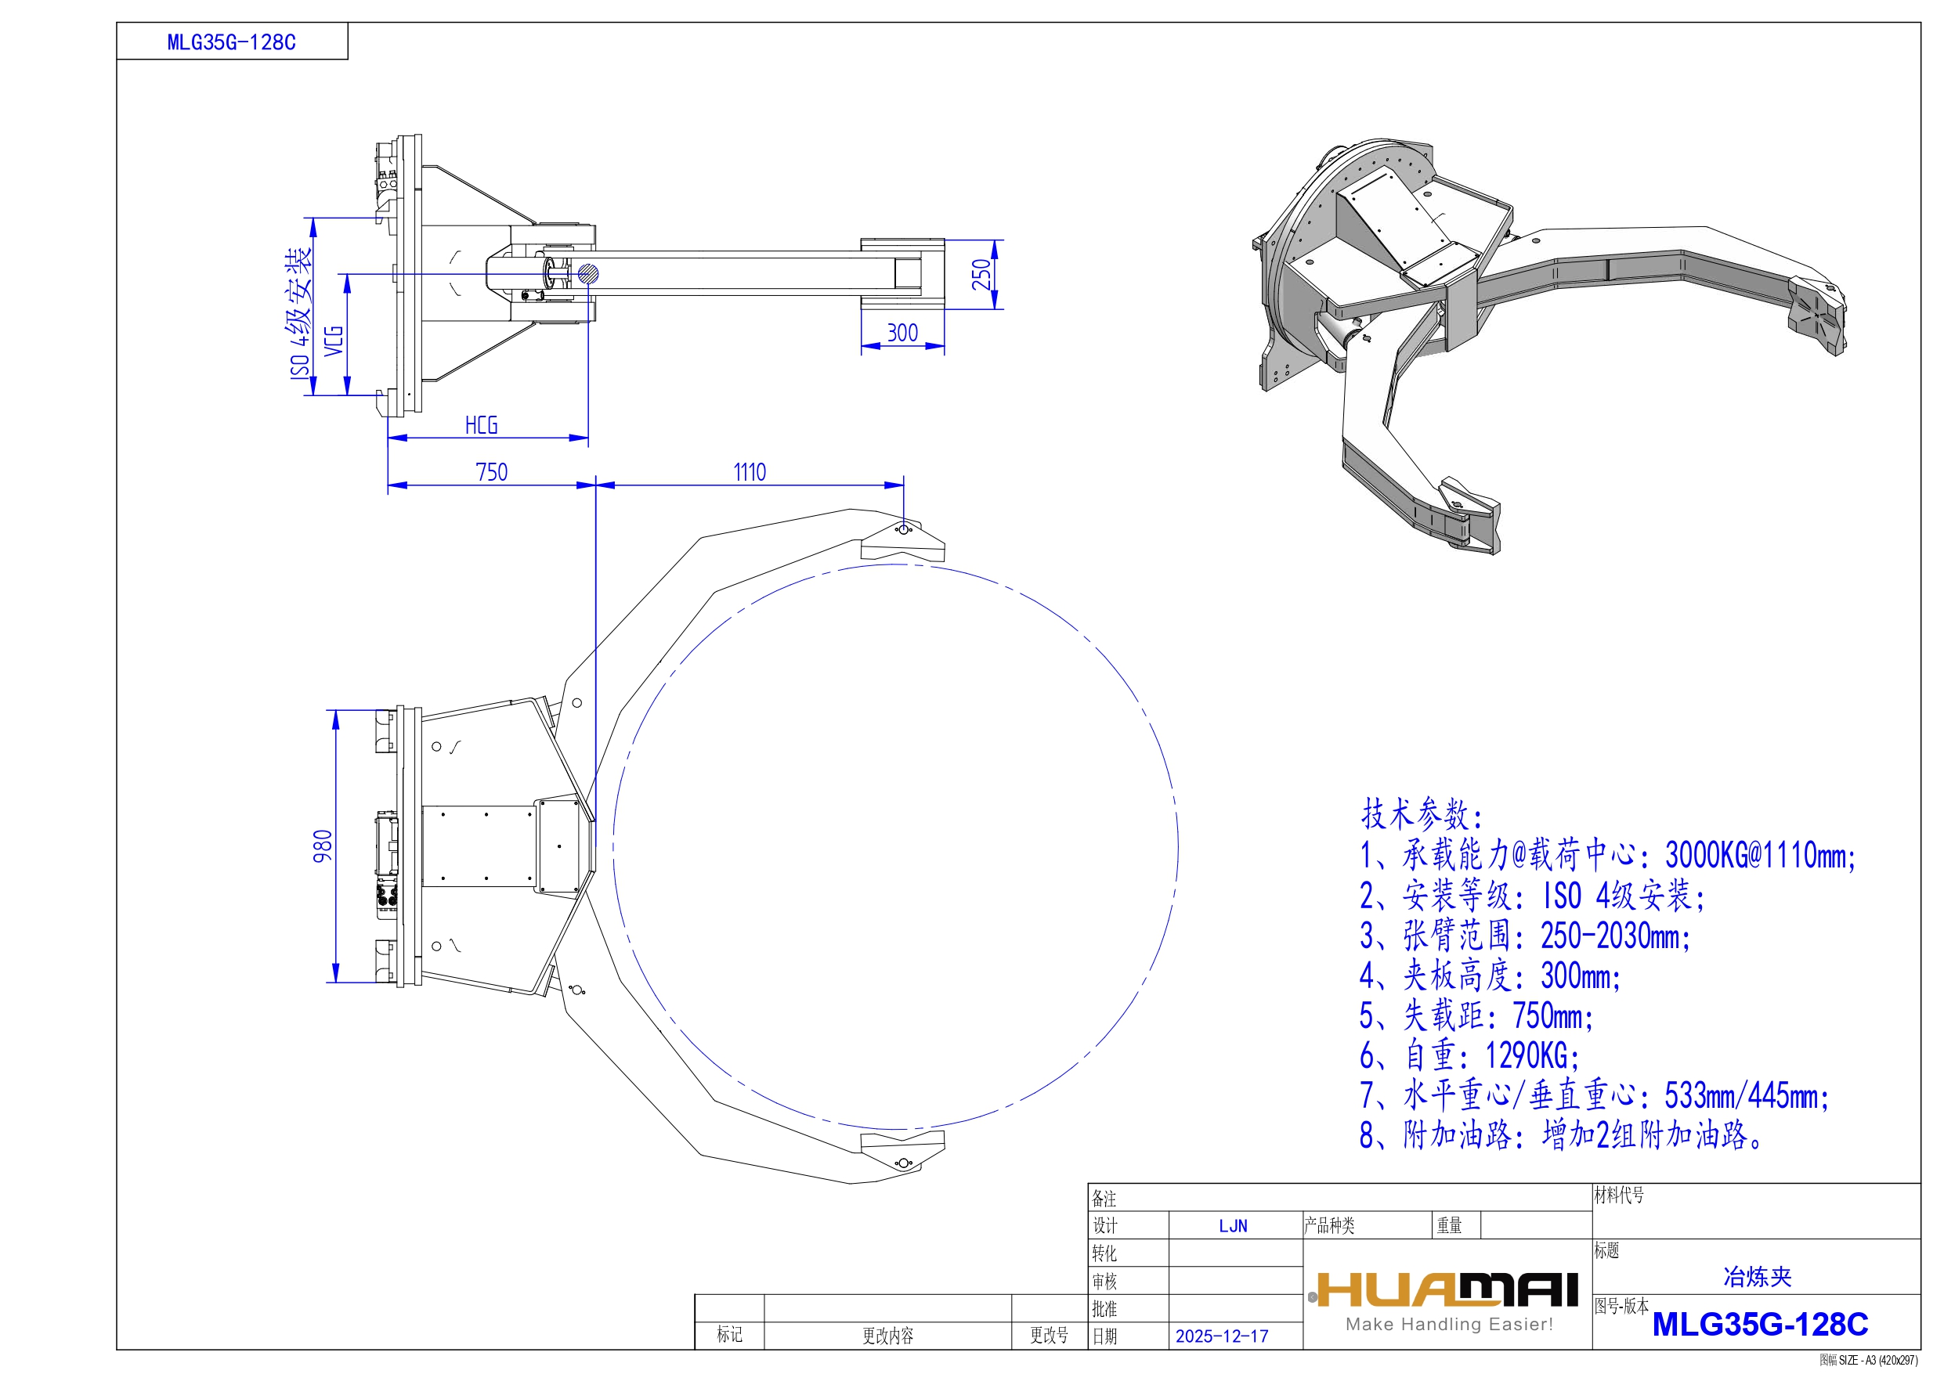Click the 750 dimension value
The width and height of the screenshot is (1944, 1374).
[x=492, y=471]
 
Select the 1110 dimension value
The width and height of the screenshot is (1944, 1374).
[x=750, y=471]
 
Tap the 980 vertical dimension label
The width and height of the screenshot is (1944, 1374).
[x=323, y=846]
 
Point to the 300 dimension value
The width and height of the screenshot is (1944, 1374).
[x=902, y=333]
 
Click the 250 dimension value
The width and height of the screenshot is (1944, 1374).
[x=981, y=274]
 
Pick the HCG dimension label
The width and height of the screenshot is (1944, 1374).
[x=482, y=425]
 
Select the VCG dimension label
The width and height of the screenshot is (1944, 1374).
[x=334, y=341]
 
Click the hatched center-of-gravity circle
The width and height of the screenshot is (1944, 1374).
[x=588, y=273]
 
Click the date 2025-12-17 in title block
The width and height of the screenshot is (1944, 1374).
[x=1222, y=1336]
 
